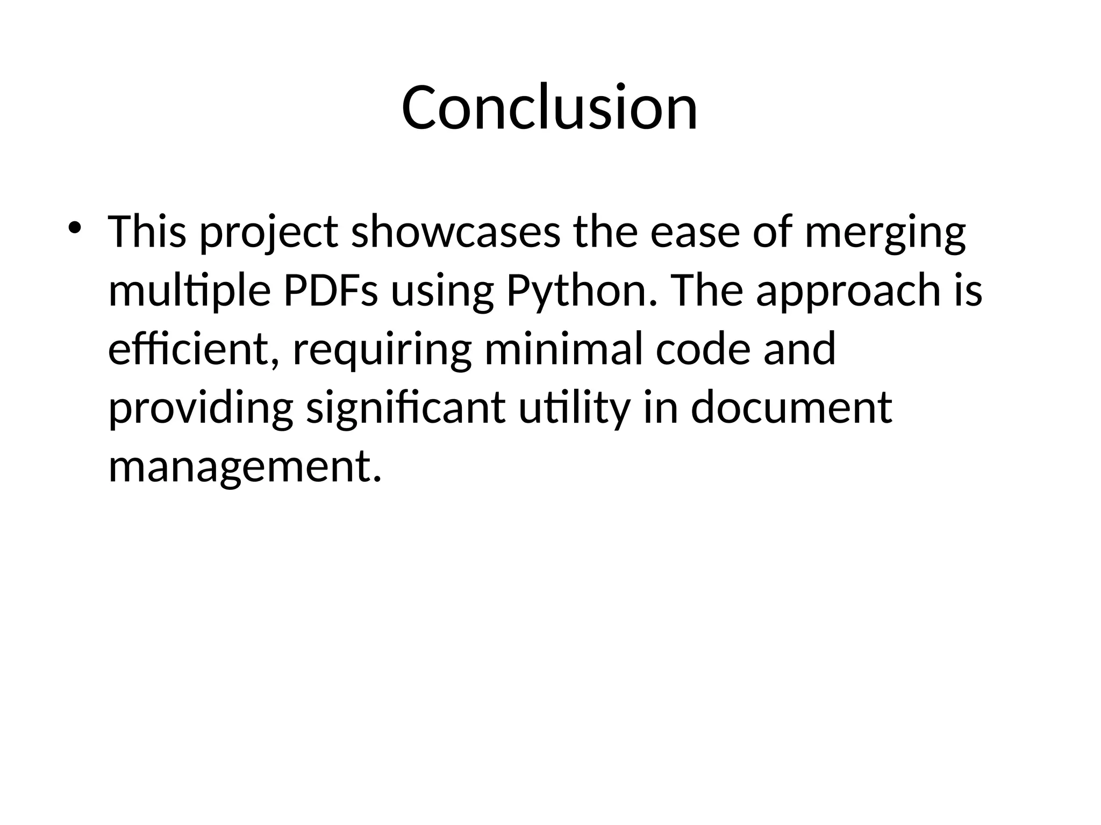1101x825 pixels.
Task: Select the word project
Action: coord(269,233)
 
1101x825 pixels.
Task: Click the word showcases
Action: coord(455,231)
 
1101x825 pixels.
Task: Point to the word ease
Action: coord(695,231)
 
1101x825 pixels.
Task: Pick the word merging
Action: coord(885,233)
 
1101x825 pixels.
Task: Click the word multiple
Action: coord(189,291)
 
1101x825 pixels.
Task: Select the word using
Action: coord(441,292)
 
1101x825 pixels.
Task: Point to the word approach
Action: coord(848,291)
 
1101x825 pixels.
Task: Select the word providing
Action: coord(201,408)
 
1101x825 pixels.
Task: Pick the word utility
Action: coord(574,408)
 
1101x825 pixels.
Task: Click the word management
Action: coord(245,466)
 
